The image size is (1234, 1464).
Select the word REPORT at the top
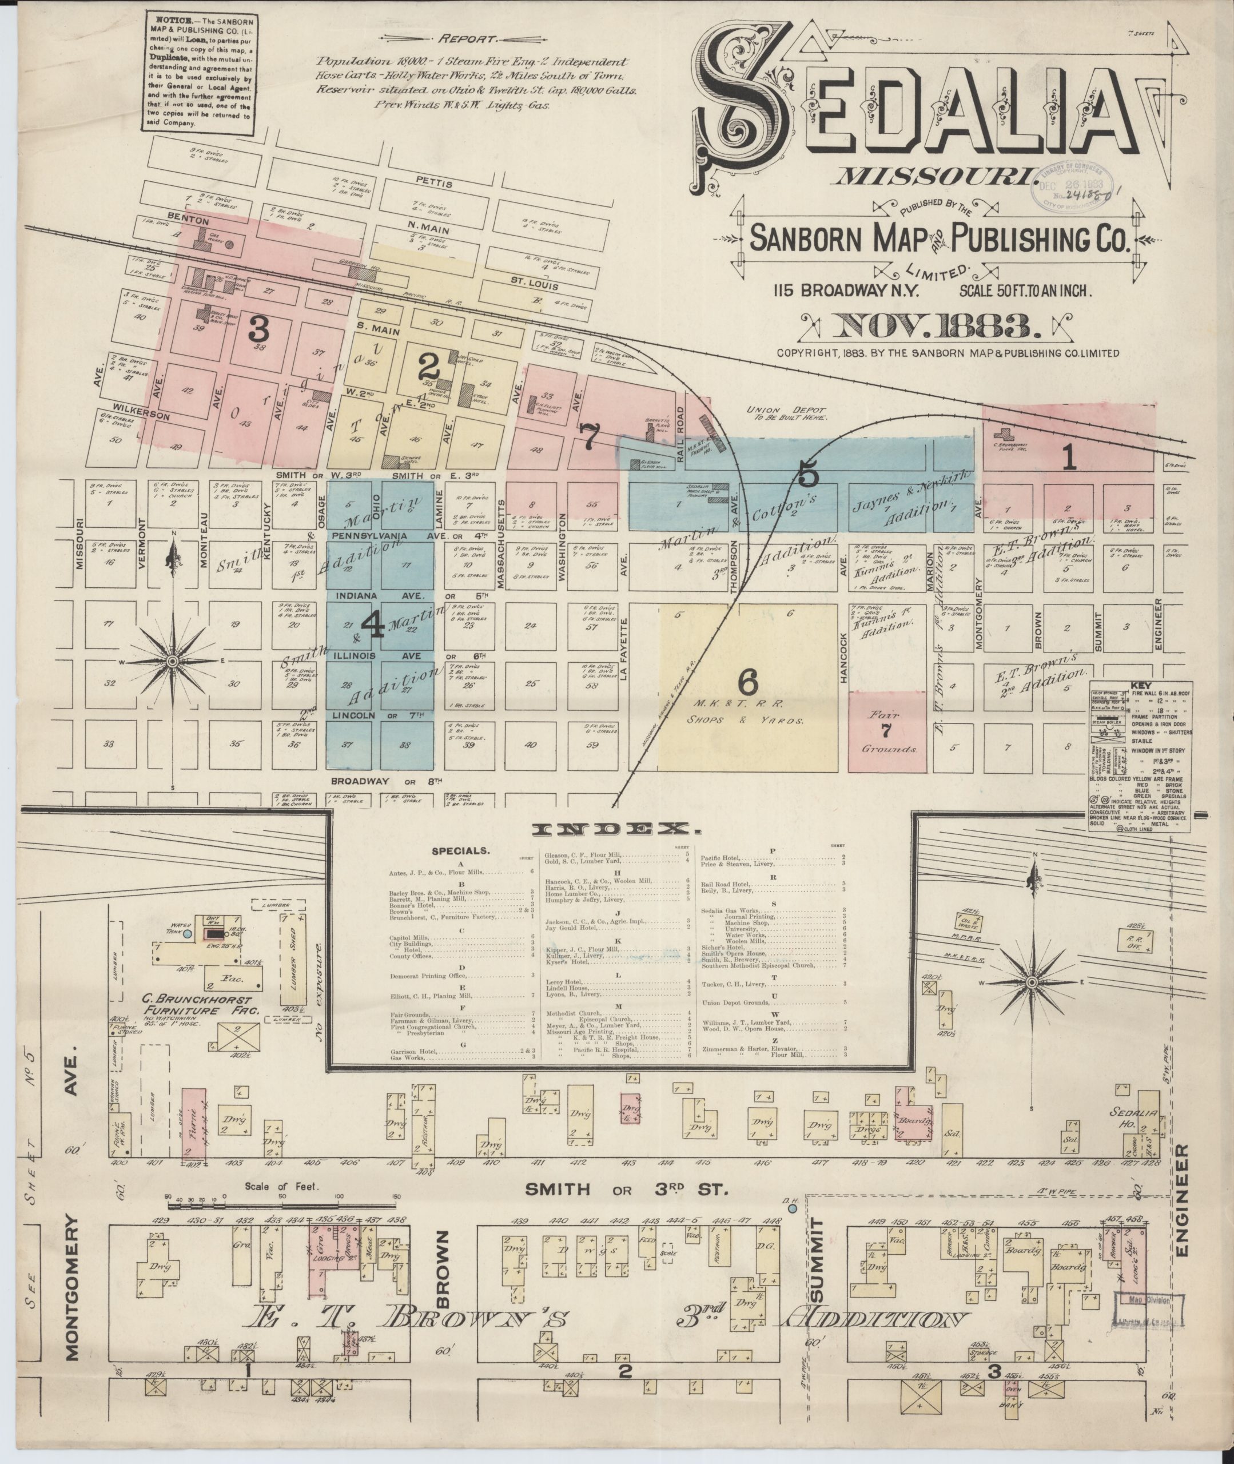tap(468, 40)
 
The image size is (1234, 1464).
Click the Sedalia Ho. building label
tap(1133, 1116)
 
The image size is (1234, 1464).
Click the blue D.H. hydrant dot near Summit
tap(792, 1208)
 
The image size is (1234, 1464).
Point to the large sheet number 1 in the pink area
tap(1068, 459)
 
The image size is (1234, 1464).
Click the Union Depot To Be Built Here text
tap(786, 413)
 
